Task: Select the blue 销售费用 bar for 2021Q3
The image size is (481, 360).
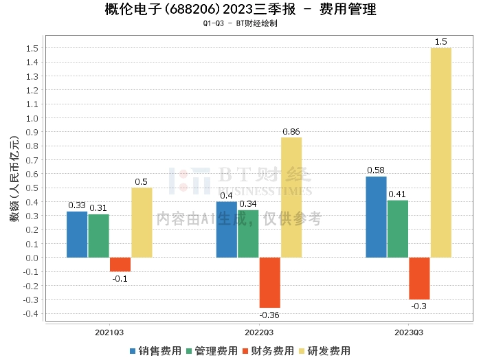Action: [77, 234]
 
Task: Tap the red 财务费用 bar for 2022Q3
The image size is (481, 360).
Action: [269, 282]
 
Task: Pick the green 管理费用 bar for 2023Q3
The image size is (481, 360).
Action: [398, 229]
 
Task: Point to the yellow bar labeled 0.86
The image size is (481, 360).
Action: [291, 197]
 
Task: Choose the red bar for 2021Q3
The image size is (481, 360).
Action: [120, 265]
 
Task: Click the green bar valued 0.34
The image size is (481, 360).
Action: [248, 234]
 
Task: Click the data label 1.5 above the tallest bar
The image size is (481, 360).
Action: [440, 42]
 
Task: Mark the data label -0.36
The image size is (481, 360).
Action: [269, 315]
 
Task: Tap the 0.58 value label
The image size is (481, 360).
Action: [376, 170]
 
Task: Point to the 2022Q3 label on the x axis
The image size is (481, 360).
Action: [259, 333]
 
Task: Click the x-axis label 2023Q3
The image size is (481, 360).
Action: [409, 333]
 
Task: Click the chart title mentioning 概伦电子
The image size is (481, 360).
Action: [240, 10]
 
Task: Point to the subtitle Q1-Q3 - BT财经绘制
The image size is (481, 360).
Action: [240, 23]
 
